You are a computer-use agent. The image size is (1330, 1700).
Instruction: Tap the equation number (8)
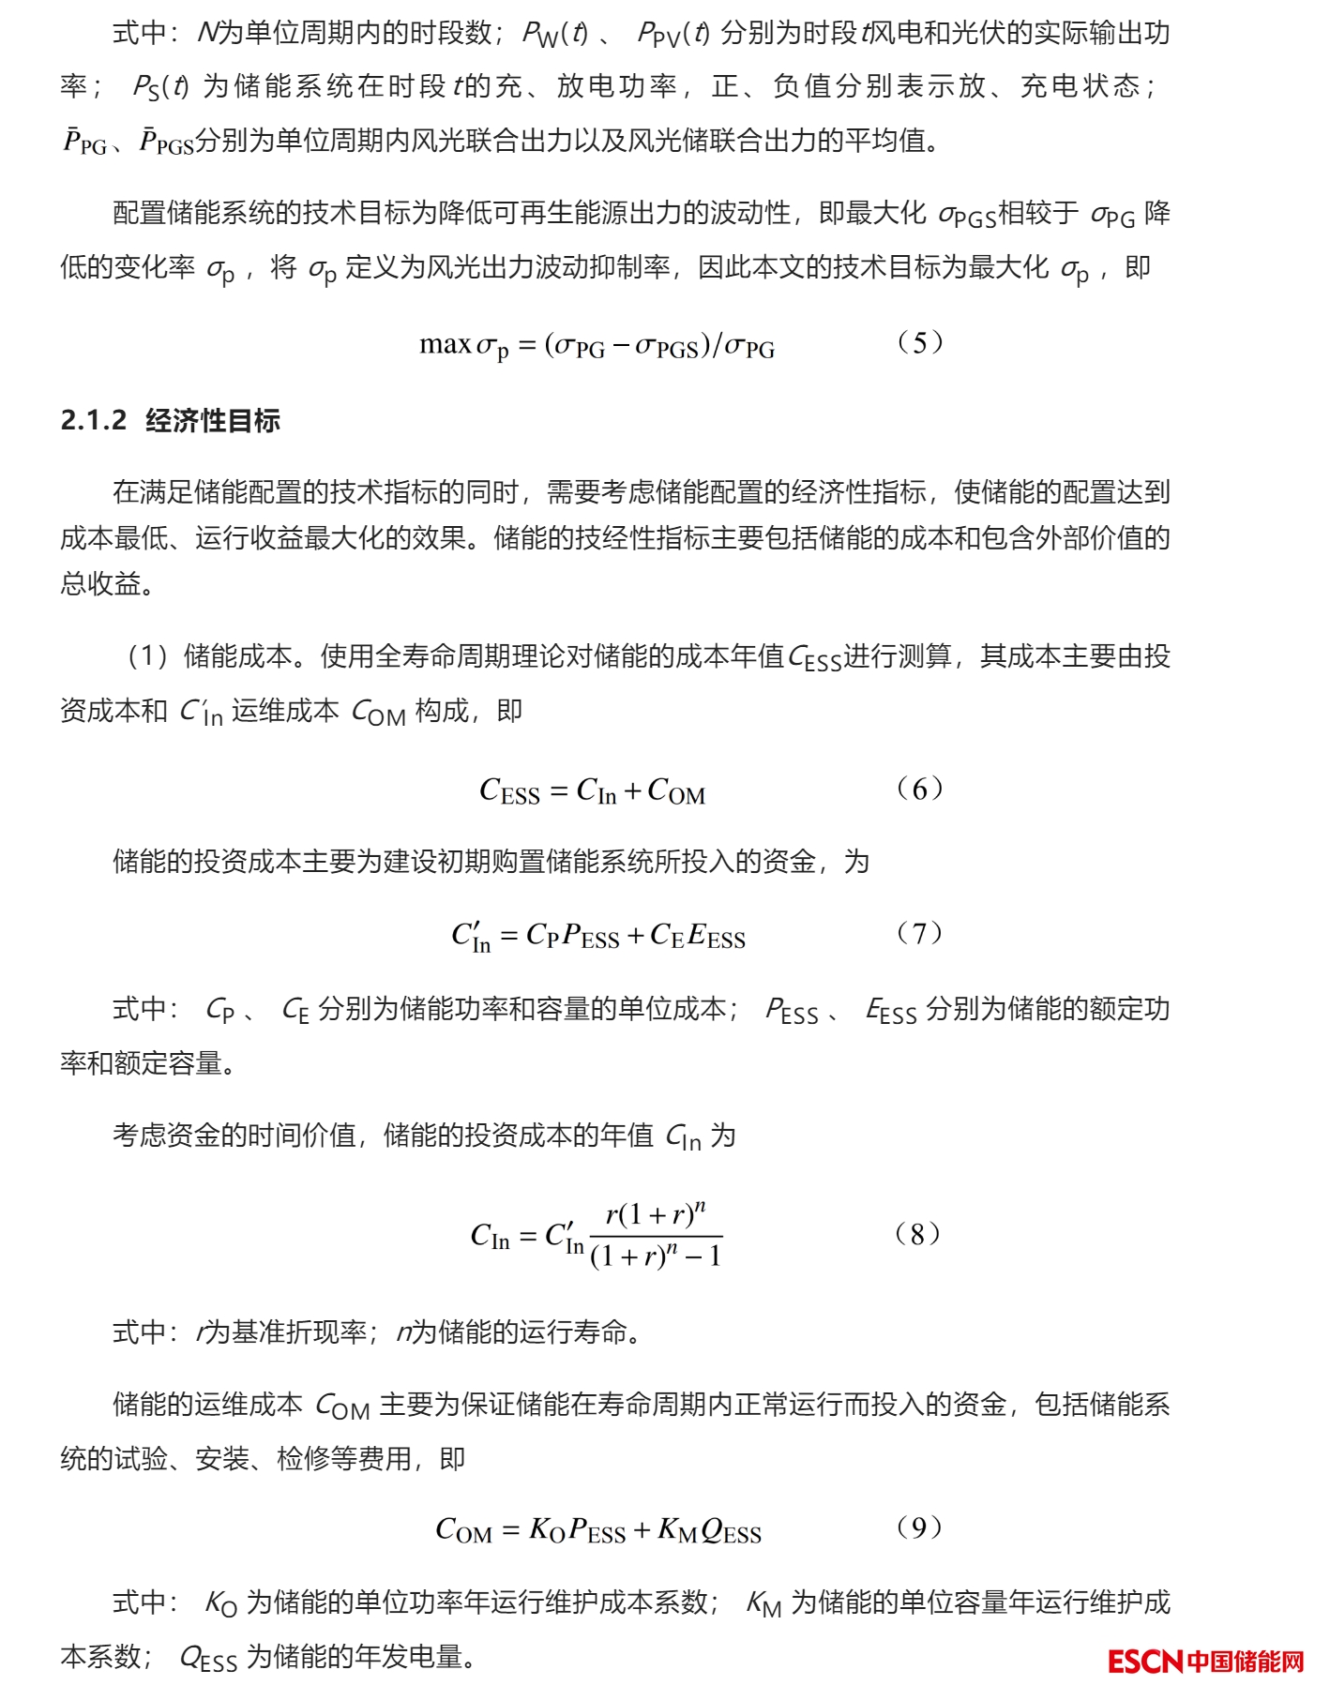pos(916,1234)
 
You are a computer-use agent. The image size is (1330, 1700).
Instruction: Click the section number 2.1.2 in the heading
pos(93,421)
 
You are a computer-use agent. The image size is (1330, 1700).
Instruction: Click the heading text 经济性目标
pos(213,421)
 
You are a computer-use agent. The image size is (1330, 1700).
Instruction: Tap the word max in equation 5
pos(445,345)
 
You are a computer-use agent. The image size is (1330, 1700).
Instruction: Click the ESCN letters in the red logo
pos(1144,1662)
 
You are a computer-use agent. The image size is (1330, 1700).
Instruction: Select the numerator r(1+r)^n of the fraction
pos(655,1215)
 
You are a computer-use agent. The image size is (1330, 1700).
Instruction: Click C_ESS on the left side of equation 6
pos(509,791)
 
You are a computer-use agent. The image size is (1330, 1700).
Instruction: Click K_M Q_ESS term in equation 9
pos(709,1531)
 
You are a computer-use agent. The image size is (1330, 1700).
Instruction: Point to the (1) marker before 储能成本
pos(147,656)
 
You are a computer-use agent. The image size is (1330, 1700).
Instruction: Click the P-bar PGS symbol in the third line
pos(165,142)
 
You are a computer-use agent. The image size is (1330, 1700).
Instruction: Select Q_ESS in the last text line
pos(207,1659)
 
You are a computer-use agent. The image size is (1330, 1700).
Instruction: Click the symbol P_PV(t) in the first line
pos(673,35)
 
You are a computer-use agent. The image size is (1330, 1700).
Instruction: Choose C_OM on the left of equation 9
pos(463,1531)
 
